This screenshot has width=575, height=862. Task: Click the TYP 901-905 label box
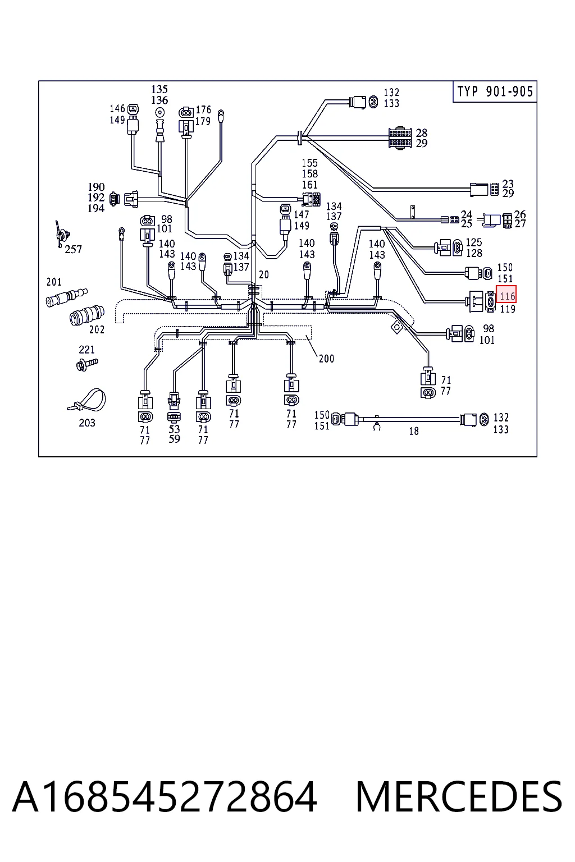495,91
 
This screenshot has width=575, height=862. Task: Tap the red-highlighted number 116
506,296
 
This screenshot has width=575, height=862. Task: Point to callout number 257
73,249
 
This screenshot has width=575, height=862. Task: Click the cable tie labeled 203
87,401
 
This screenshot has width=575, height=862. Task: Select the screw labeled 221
88,364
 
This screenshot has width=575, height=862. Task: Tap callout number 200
326,359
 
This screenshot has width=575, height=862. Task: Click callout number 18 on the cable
414,431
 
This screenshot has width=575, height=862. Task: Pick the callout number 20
264,275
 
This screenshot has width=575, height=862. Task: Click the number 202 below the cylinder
97,329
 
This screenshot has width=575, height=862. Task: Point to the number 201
54,282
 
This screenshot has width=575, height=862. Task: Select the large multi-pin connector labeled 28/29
400,138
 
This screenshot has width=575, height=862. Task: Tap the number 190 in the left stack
96,187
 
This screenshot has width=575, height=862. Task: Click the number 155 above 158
309,163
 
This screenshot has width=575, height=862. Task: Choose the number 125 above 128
474,242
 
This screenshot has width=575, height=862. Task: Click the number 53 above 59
174,429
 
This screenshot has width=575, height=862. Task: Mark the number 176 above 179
203,110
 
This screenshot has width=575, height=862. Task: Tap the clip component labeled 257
61,234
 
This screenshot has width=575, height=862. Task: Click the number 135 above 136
159,89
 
